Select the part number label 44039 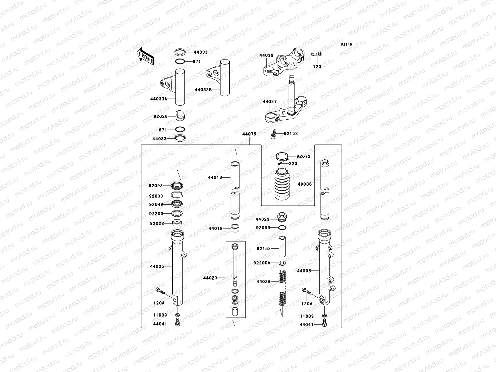click(x=266, y=55)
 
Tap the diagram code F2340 click(x=347, y=45)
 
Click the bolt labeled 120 click(x=317, y=54)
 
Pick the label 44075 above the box click(x=249, y=134)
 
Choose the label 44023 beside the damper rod click(x=210, y=278)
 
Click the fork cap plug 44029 click(x=282, y=217)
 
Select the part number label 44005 click(x=157, y=266)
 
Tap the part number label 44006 click(x=304, y=271)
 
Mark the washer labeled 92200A click(x=282, y=263)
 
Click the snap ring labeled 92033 click(x=177, y=195)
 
